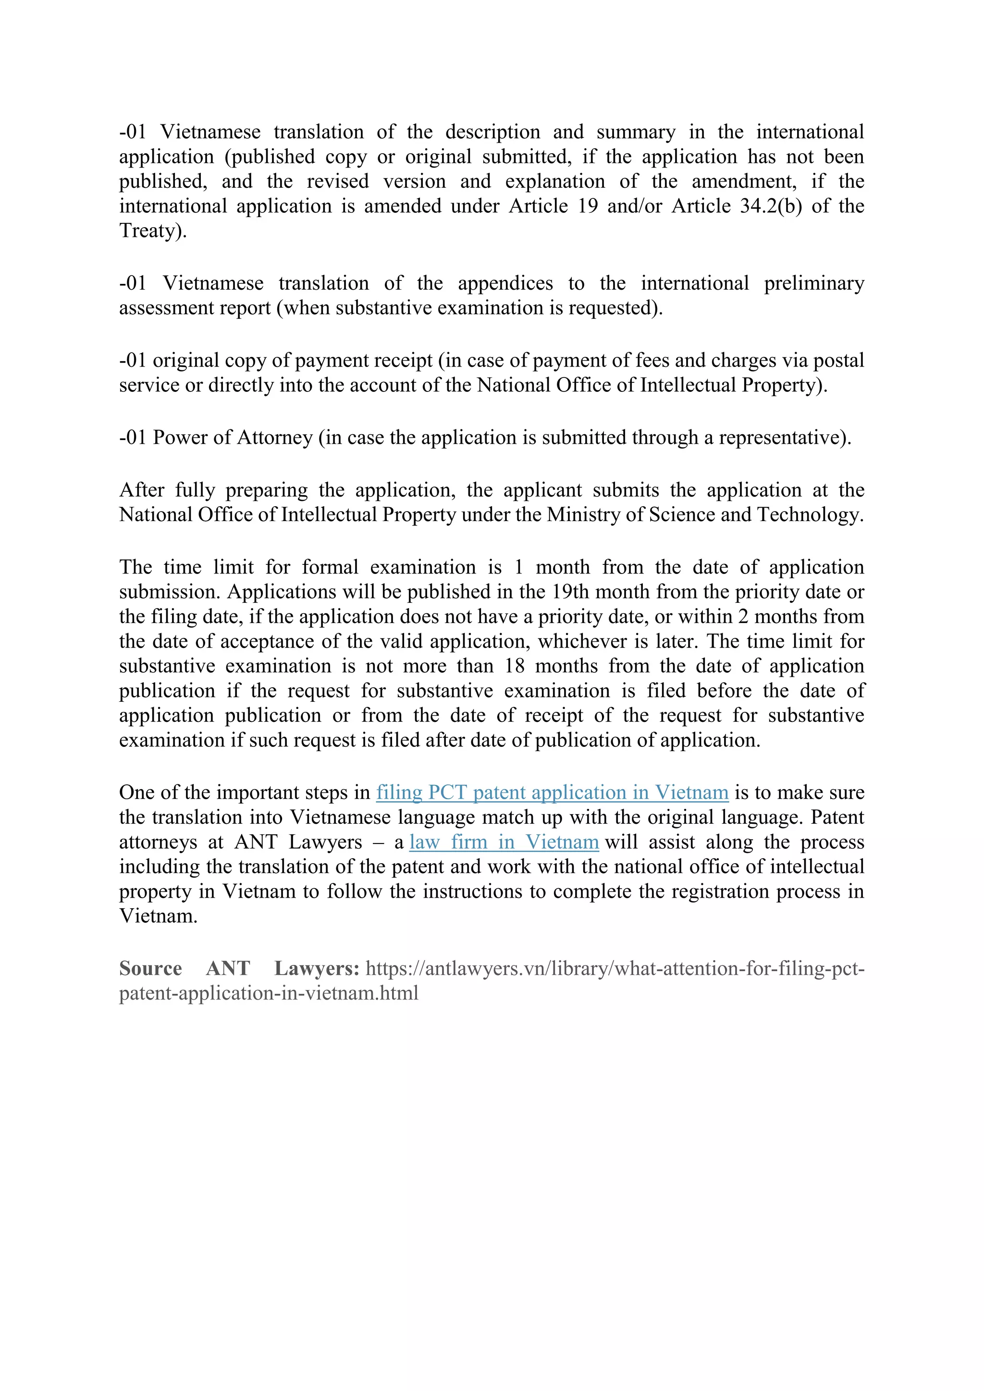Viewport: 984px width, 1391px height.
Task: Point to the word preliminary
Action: (814, 283)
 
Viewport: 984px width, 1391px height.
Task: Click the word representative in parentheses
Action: (778, 438)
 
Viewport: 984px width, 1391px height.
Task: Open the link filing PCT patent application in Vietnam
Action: (552, 793)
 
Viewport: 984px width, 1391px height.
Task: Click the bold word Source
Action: (150, 969)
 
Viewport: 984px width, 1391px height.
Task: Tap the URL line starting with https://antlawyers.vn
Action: (615, 969)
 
